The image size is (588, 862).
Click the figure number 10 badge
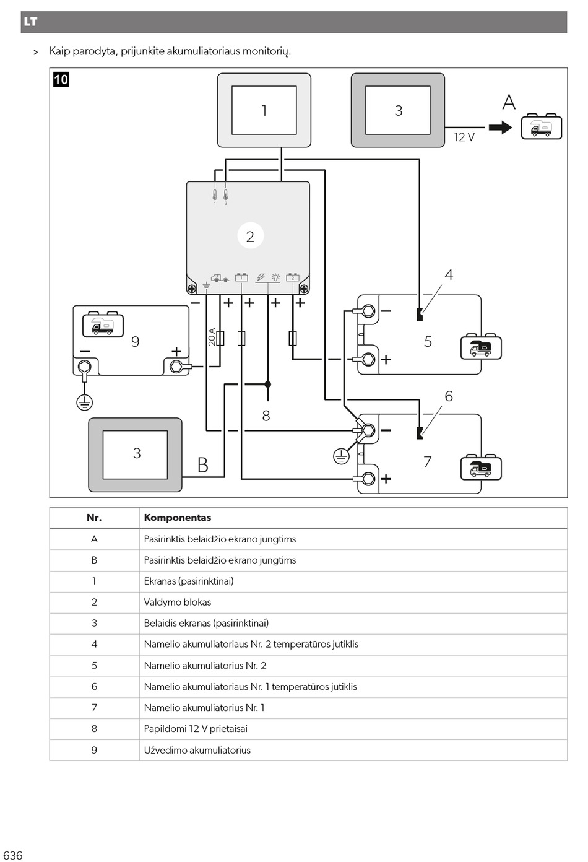[x=61, y=80]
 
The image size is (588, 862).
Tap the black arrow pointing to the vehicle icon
[x=500, y=128]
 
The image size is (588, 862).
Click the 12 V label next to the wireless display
[x=464, y=137]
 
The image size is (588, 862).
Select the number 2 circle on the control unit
[x=250, y=235]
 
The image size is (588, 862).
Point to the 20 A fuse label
[x=212, y=337]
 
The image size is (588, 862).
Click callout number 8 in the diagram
[x=266, y=416]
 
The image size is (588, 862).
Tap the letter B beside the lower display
[x=202, y=465]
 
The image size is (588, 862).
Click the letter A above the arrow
[x=509, y=102]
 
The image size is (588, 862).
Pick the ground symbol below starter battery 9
[x=85, y=403]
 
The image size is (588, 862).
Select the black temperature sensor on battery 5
[x=420, y=315]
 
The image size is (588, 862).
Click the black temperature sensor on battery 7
[x=420, y=433]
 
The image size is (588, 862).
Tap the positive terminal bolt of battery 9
[x=176, y=367]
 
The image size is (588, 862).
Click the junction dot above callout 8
[x=268, y=384]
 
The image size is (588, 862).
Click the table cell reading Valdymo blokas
[x=177, y=602]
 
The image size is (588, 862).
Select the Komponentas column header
[x=177, y=518]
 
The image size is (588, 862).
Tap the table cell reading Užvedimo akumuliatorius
[x=197, y=750]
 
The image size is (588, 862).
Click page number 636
[x=13, y=855]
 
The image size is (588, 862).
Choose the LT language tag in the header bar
[x=30, y=22]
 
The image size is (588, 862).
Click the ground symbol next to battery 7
[x=340, y=456]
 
